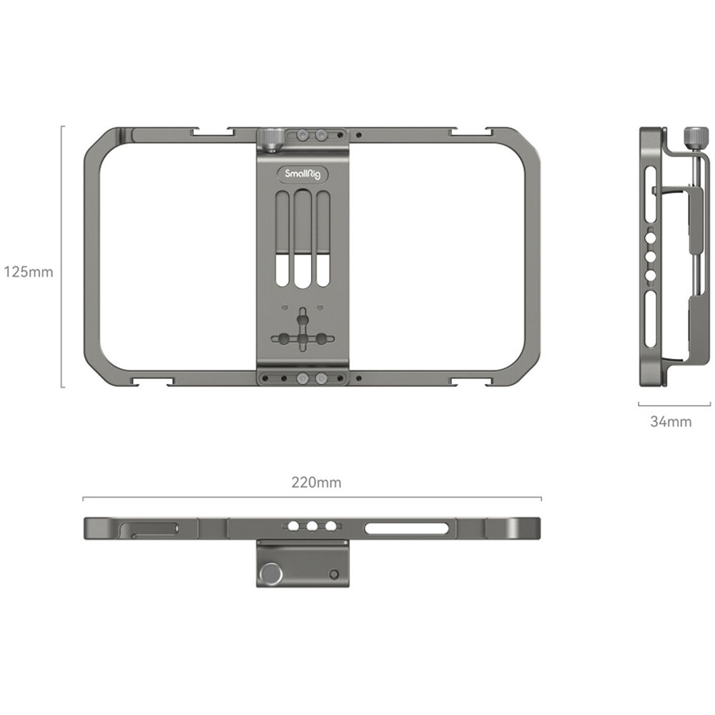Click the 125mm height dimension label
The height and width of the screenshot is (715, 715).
[x=28, y=272]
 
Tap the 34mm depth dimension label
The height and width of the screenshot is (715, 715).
[x=670, y=422]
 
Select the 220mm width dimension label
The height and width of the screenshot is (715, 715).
[x=316, y=483]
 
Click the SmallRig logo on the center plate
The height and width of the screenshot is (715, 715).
[x=302, y=174]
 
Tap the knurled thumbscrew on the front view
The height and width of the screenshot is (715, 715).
[x=271, y=138]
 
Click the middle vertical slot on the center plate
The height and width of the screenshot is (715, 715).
[x=303, y=240]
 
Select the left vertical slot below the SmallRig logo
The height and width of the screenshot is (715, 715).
[x=282, y=240]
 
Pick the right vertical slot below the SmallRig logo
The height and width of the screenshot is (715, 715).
[x=323, y=240]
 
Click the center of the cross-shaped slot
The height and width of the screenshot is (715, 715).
[x=303, y=338]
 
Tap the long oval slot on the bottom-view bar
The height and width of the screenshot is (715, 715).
[x=406, y=528]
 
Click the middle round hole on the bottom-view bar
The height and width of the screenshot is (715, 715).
[x=312, y=526]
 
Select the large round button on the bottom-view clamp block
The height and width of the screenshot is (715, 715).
[x=270, y=573]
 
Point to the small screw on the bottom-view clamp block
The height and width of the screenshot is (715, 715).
[x=333, y=574]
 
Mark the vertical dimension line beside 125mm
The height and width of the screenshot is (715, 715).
[x=62, y=257]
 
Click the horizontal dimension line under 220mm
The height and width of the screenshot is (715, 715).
[x=312, y=498]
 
